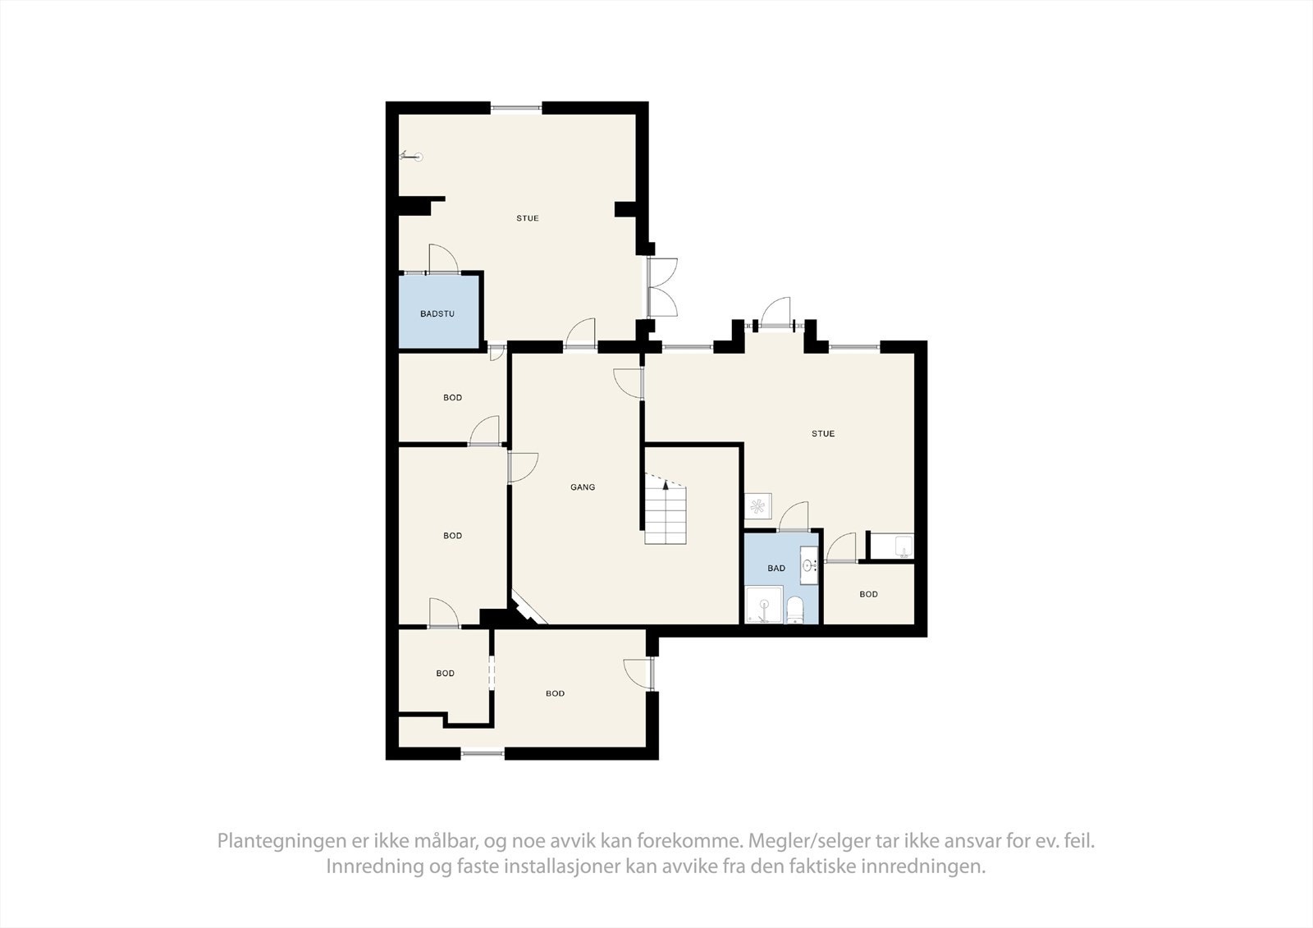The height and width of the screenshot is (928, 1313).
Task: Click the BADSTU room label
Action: pyautogui.click(x=437, y=313)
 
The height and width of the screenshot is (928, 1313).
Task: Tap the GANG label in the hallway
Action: pyautogui.click(x=583, y=487)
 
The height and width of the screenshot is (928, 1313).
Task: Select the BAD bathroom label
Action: pyautogui.click(x=776, y=568)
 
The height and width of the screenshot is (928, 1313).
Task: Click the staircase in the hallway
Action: pyautogui.click(x=665, y=513)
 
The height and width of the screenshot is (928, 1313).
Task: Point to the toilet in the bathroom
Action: pyautogui.click(x=794, y=610)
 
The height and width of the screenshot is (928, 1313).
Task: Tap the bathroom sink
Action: pyautogui.click(x=809, y=565)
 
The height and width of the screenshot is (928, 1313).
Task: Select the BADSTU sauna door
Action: pyautogui.click(x=442, y=260)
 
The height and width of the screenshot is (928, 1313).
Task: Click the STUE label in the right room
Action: pyautogui.click(x=823, y=433)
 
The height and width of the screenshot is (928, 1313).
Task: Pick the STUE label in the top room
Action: pyautogui.click(x=528, y=218)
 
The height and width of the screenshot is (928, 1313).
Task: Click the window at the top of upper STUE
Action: pyautogui.click(x=516, y=107)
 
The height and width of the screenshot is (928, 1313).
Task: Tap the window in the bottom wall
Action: pyautogui.click(x=483, y=753)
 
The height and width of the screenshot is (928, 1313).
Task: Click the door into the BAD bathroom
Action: pyautogui.click(x=794, y=518)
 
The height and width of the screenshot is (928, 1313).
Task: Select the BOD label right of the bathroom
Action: pyautogui.click(x=868, y=594)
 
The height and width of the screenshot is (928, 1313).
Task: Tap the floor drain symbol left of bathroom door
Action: pyautogui.click(x=758, y=505)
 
